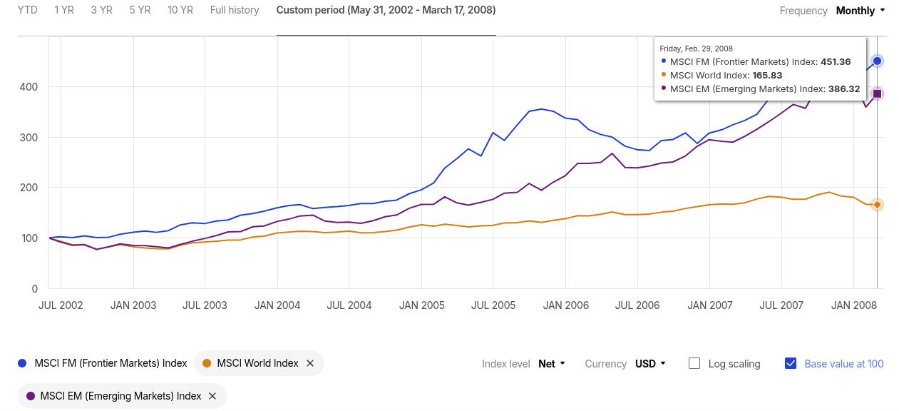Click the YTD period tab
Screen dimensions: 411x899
tap(28, 10)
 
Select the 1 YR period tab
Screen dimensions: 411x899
tap(64, 10)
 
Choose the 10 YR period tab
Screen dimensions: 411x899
tap(180, 10)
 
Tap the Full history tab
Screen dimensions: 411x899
tap(235, 10)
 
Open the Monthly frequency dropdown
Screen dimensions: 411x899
tap(861, 11)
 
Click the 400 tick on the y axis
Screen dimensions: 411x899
tap(29, 87)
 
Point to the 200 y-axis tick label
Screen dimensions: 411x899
tap(29, 188)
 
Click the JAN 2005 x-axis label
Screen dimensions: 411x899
tap(422, 305)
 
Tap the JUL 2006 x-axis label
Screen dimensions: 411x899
tap(637, 305)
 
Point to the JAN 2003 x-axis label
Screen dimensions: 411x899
tap(133, 305)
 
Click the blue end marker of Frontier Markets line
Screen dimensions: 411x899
tap(878, 61)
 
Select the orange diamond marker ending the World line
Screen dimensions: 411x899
tap(878, 205)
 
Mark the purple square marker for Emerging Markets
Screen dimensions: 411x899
tap(878, 93)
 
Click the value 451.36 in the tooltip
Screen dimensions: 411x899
tap(836, 62)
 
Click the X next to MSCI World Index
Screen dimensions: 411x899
tap(310, 363)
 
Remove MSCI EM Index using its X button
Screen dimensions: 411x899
tap(212, 396)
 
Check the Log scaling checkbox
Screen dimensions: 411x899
tap(694, 363)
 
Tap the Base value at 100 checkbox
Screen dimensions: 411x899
tap(791, 363)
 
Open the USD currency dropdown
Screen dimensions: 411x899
tap(650, 364)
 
